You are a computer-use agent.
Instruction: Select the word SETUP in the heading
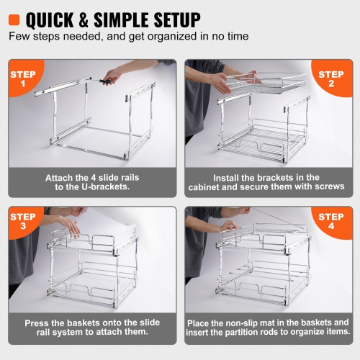(x=174, y=18)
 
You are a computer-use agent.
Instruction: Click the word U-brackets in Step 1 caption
(x=108, y=186)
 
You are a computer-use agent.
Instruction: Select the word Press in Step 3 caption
(x=38, y=323)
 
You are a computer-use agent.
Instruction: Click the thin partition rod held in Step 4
(x=274, y=216)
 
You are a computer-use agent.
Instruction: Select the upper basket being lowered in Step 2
(x=259, y=83)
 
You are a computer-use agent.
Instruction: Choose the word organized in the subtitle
(x=169, y=35)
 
